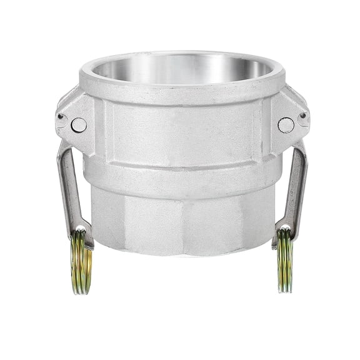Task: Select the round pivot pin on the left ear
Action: coord(79,125)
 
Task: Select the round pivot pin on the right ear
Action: coord(286,125)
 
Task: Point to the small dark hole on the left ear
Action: coord(61,117)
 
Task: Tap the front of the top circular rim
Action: coord(181,88)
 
